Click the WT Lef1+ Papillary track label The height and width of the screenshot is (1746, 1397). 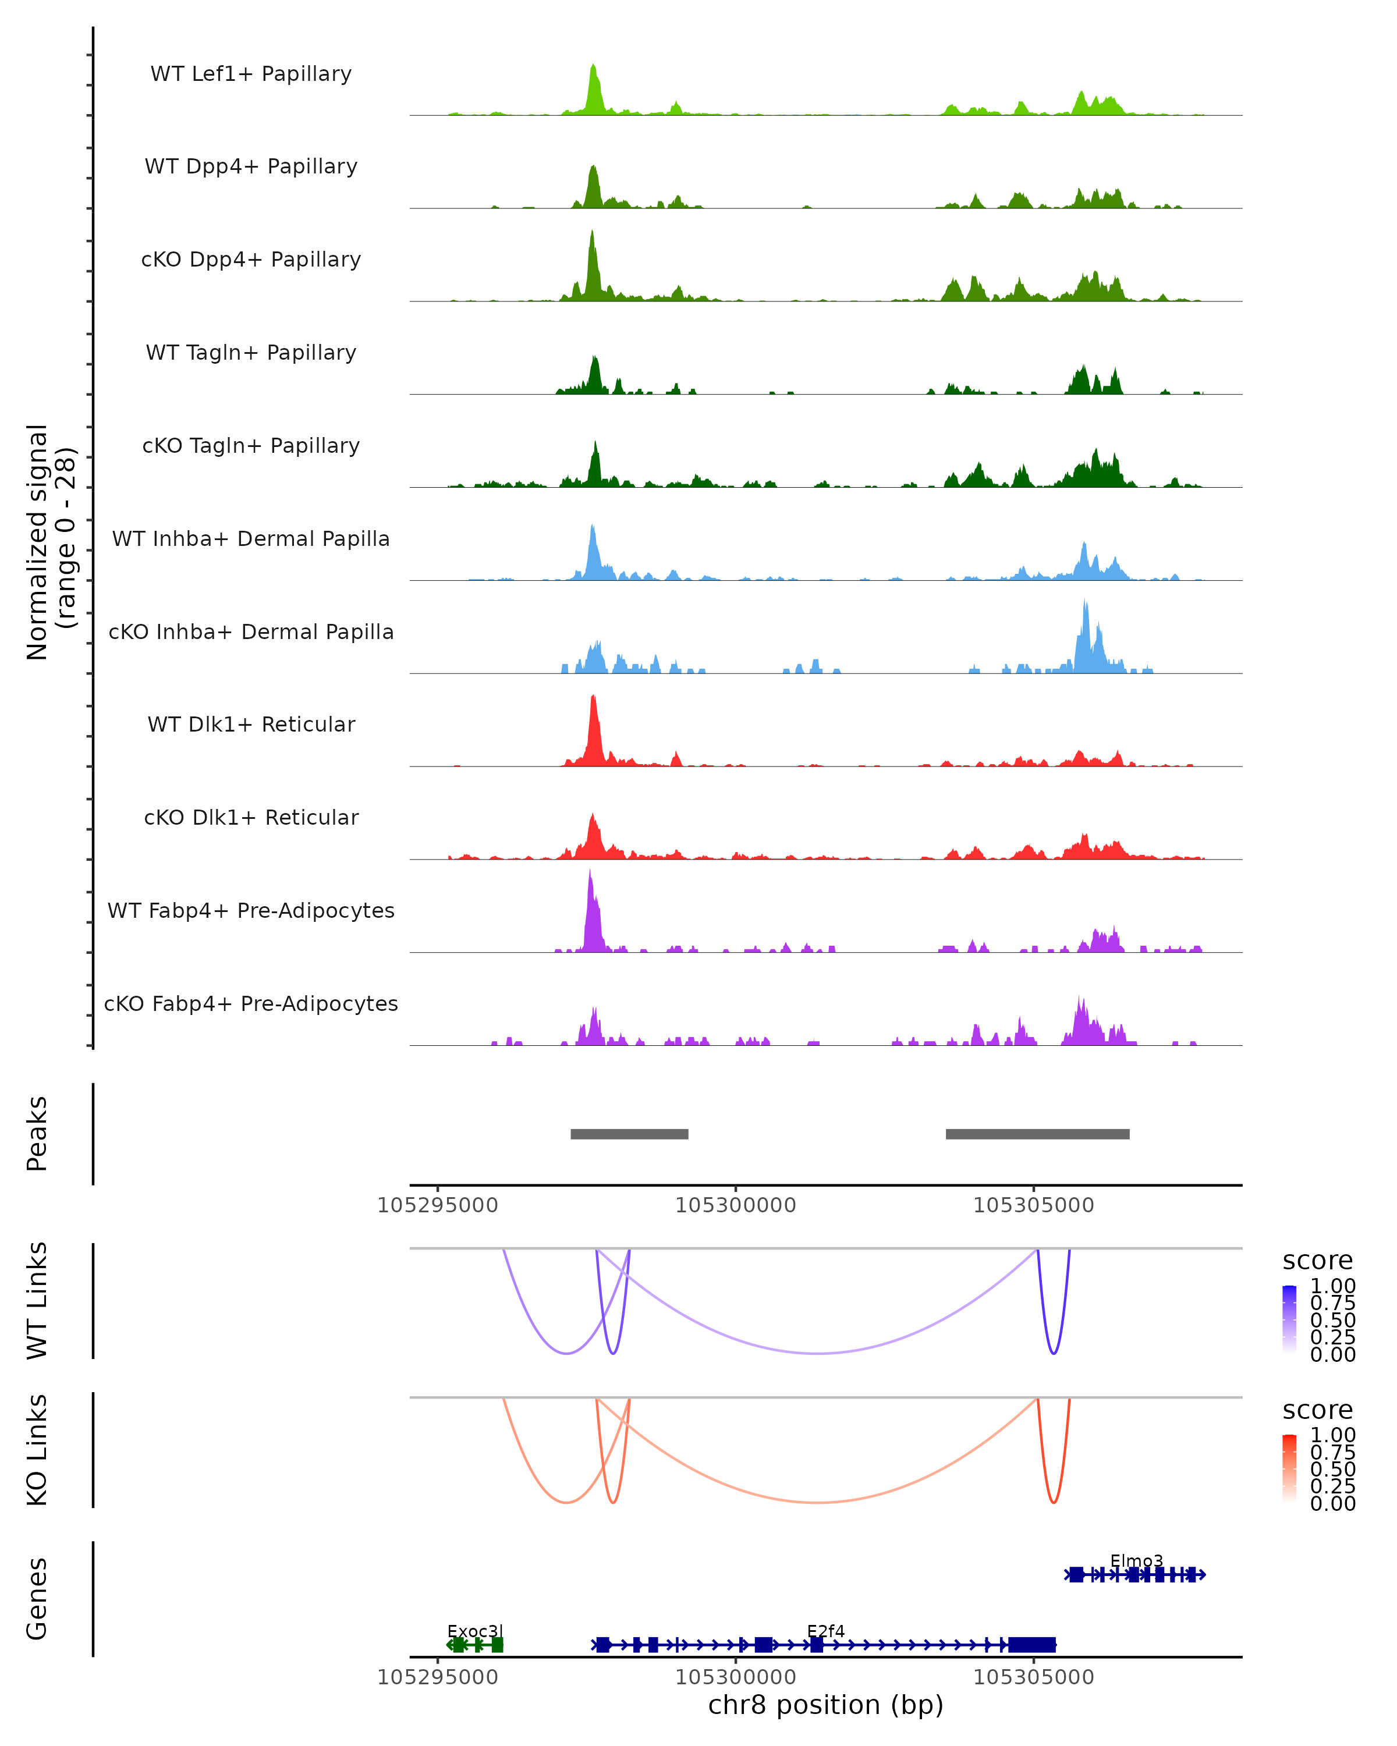click(x=251, y=74)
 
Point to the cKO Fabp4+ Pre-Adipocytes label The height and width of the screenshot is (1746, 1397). click(x=251, y=1003)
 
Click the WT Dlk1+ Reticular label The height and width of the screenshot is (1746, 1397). click(x=251, y=724)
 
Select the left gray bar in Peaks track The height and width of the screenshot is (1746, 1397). click(x=629, y=1134)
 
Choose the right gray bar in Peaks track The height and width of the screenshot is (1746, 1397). click(x=1037, y=1134)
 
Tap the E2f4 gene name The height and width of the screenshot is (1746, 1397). click(x=825, y=1631)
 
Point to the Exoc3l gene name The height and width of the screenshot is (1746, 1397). click(x=476, y=1631)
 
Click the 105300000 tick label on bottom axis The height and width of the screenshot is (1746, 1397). click(x=735, y=1677)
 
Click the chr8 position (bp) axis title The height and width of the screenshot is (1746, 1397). click(x=825, y=1705)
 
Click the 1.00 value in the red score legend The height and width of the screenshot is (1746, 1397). click(x=1332, y=1435)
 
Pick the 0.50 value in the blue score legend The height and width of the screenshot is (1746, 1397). click(x=1332, y=1320)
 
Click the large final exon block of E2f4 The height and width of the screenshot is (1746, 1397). click(x=1032, y=1645)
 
